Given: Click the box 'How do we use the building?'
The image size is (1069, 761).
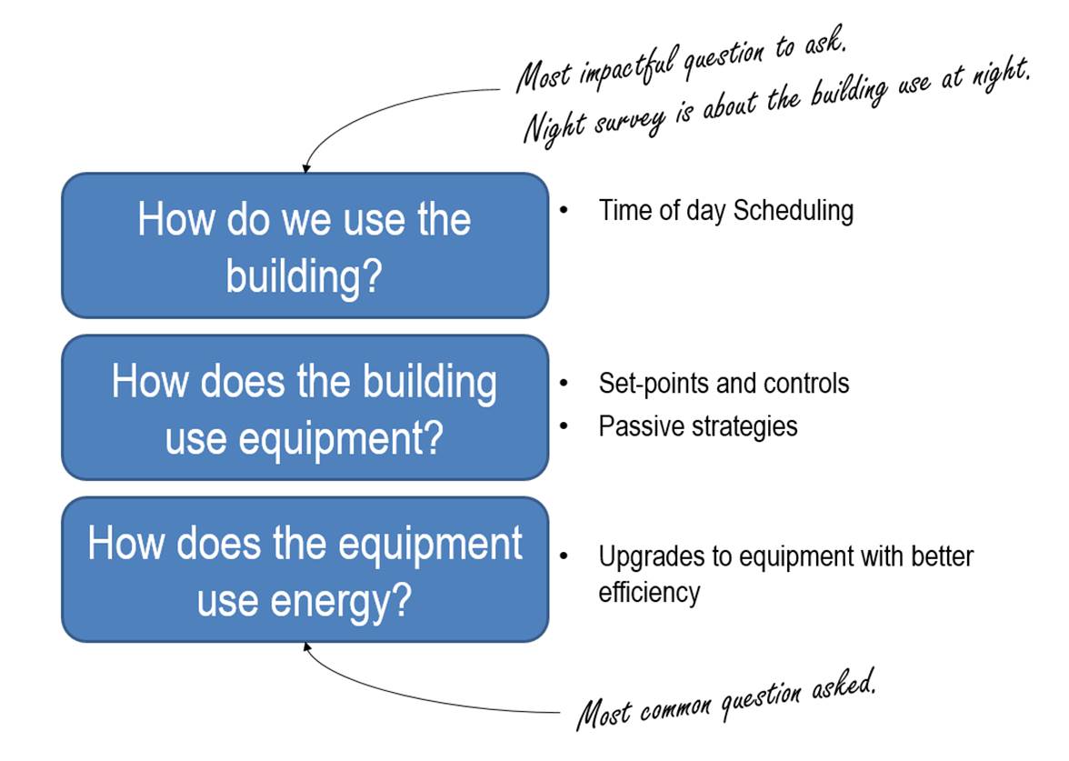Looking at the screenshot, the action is pos(305,245).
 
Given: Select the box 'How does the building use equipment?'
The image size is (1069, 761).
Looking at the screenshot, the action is pos(305,407).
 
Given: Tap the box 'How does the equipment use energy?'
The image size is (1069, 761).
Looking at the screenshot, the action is pos(305,569).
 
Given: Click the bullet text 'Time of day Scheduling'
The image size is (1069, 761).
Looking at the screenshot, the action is pos(726,211).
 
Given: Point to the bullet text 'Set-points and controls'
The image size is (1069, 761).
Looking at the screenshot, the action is pos(724,384).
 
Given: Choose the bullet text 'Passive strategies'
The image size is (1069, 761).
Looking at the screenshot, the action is pos(698,427).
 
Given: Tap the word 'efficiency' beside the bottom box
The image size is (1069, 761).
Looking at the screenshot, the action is pos(649,593).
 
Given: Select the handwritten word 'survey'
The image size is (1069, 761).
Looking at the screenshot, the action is pos(629,123).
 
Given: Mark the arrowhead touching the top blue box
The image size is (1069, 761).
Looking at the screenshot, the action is pos(306,167).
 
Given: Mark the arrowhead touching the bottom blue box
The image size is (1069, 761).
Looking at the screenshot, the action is pos(307,647).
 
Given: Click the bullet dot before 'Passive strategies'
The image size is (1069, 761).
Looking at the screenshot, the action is pos(564,426).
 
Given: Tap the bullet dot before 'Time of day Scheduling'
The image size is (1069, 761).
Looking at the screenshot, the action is pos(564,210).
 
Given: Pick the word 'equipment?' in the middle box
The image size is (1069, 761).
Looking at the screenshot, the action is pos(341,438).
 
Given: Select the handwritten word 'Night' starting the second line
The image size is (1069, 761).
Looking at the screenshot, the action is pos(554,127).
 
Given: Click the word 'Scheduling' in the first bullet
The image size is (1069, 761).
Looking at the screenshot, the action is pos(794,211).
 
